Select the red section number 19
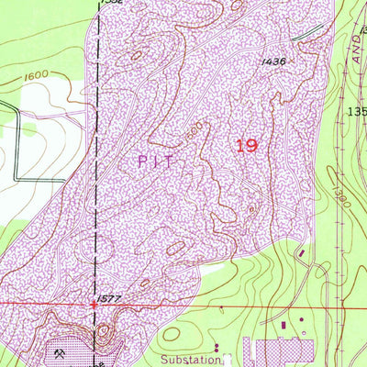point(246,145)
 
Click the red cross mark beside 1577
point(93,303)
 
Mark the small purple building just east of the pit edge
point(300,250)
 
